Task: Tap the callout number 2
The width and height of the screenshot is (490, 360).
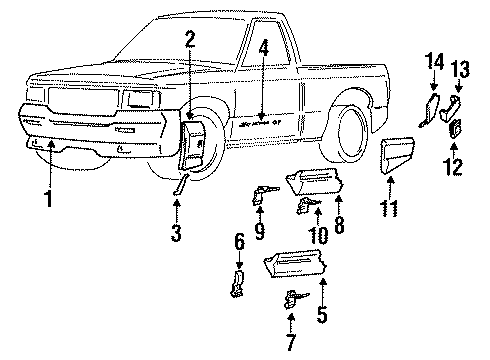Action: [190, 41]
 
